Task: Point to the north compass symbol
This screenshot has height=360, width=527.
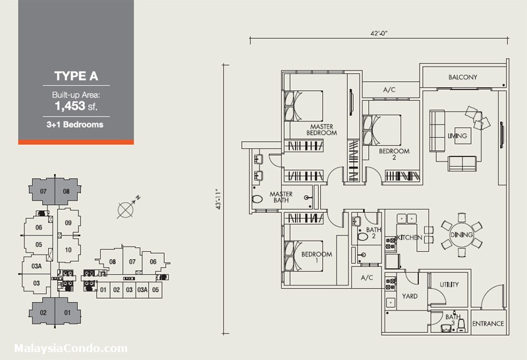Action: click(126, 209)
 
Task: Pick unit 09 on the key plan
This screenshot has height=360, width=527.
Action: click(67, 223)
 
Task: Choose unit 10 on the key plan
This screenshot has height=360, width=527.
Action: click(67, 250)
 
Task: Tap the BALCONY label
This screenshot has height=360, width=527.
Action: click(462, 77)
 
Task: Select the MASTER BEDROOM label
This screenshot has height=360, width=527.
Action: click(321, 129)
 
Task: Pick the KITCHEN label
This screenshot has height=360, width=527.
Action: click(409, 236)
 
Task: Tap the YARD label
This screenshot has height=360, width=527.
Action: click(410, 296)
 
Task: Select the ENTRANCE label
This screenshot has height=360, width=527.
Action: click(488, 324)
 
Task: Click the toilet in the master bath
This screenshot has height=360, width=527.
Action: click(258, 198)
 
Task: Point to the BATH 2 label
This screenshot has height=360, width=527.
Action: click(374, 233)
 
